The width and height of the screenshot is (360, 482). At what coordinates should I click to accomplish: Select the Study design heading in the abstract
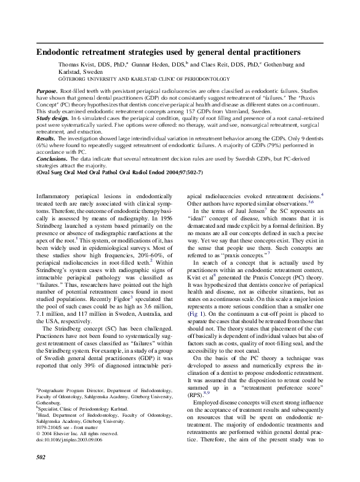[x=56, y=116]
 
